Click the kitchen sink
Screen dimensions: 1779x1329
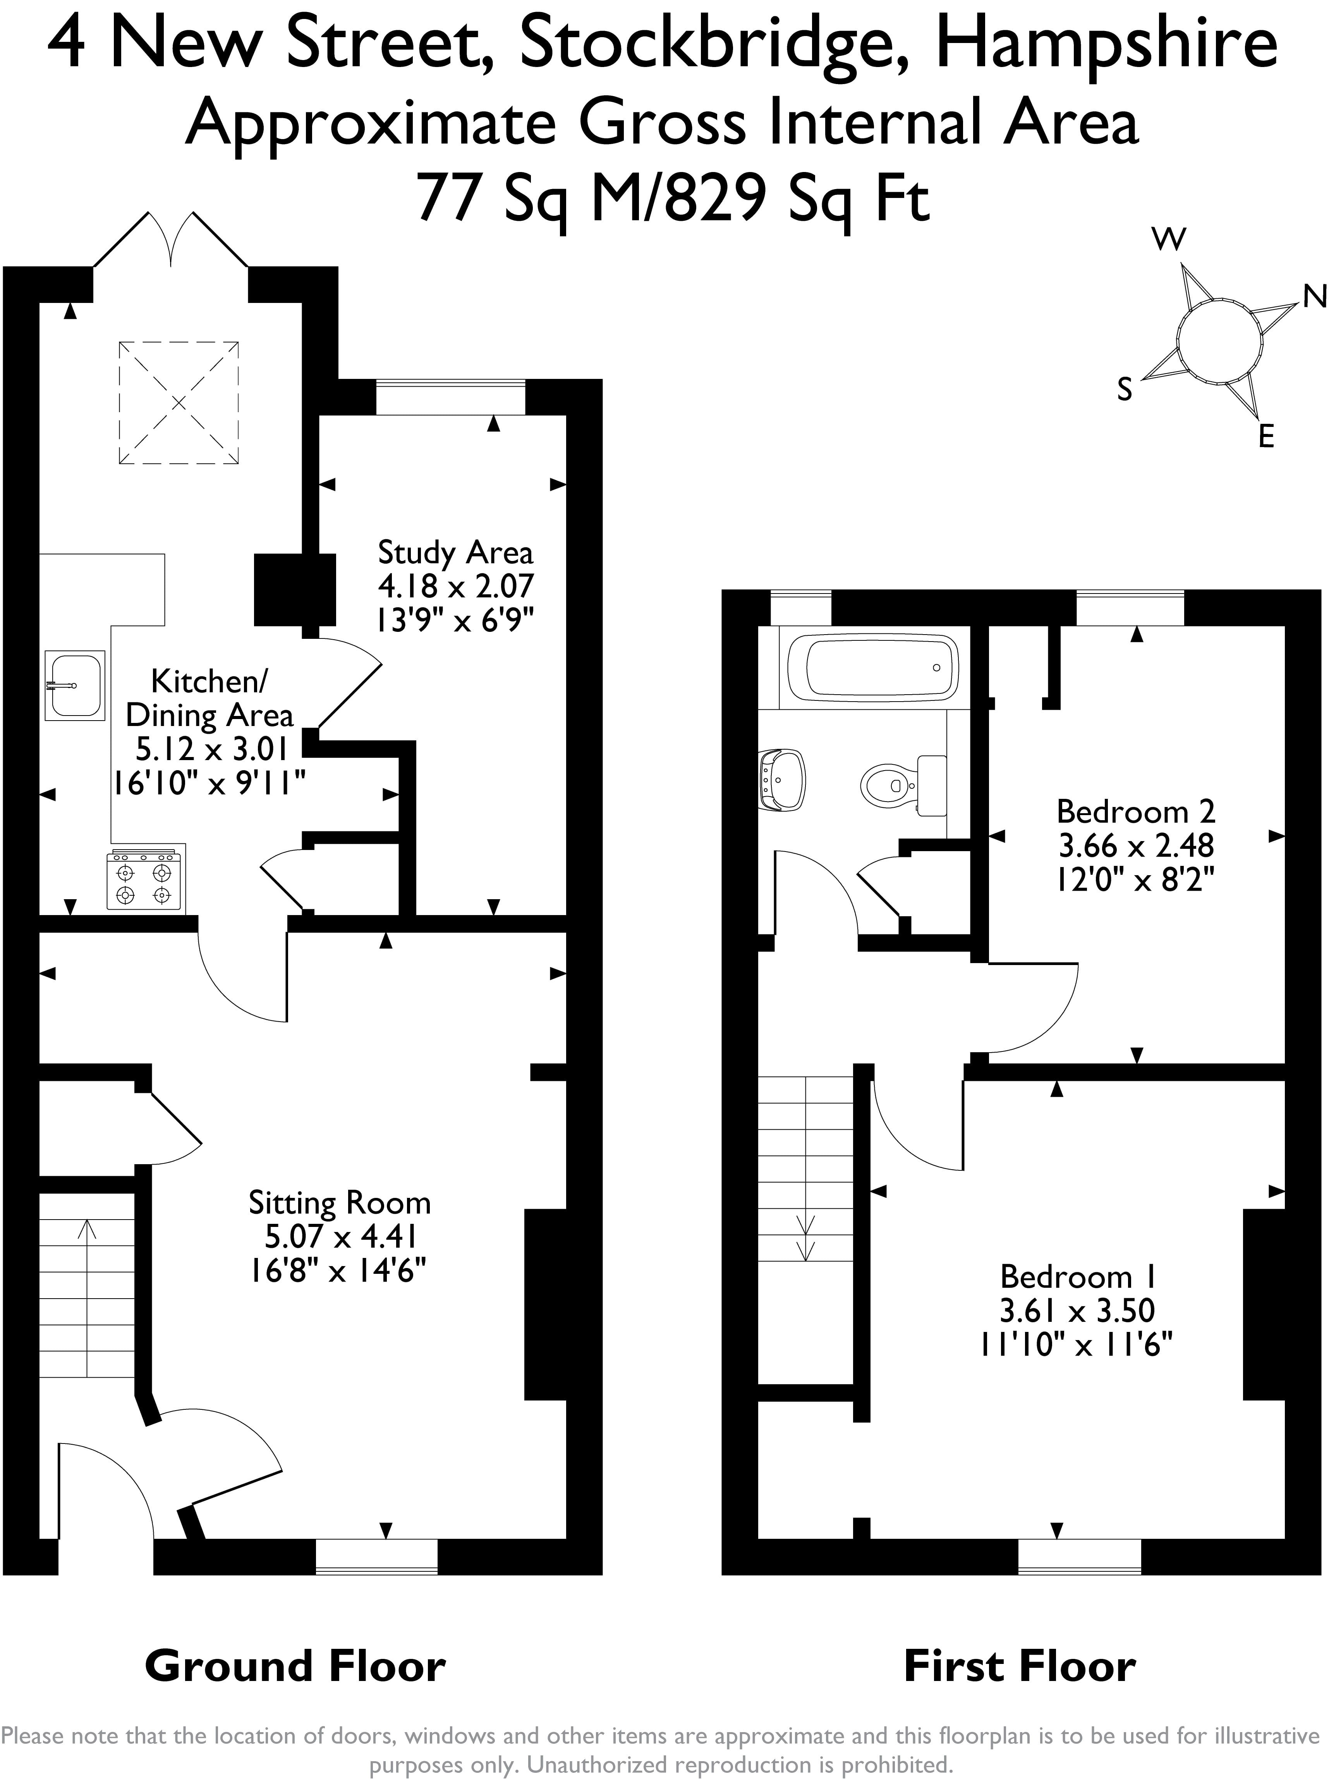pyautogui.click(x=75, y=685)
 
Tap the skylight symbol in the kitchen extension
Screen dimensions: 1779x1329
pyautogui.click(x=179, y=403)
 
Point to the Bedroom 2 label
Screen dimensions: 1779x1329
pyautogui.click(x=1135, y=812)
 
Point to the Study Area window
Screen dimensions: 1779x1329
pyautogui.click(x=450, y=397)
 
